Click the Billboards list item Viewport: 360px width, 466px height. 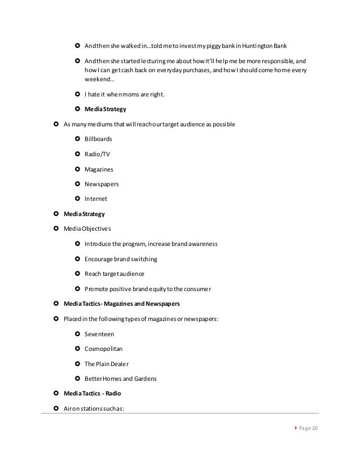coord(98,138)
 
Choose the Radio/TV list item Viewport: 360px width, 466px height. coord(97,153)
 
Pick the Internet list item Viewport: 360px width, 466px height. coord(95,199)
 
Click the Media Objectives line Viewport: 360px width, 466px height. coord(87,229)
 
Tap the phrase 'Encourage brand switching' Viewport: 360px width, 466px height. coord(121,259)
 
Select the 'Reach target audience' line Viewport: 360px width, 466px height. coord(114,274)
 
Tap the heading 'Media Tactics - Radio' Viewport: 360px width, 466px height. coord(92,393)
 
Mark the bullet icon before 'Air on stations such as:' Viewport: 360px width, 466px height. coord(56,408)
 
